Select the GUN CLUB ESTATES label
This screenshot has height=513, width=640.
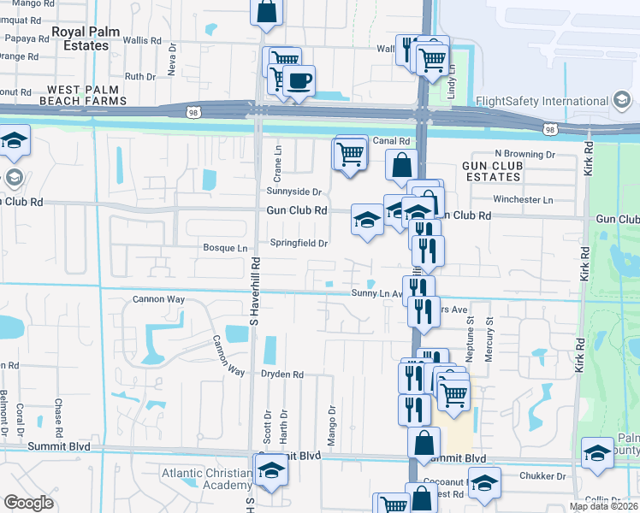click(491, 170)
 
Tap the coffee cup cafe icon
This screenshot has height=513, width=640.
click(299, 81)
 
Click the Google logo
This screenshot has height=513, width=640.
click(29, 503)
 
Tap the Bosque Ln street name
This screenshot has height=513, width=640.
click(224, 248)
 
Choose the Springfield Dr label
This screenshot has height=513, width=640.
click(299, 243)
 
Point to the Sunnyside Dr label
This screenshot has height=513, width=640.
click(293, 192)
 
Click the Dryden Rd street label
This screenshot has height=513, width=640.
click(283, 374)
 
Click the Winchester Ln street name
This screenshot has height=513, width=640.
click(524, 199)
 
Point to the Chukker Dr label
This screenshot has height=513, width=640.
click(542, 475)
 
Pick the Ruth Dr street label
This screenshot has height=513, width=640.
click(139, 76)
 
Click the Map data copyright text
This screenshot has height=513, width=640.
click(604, 506)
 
